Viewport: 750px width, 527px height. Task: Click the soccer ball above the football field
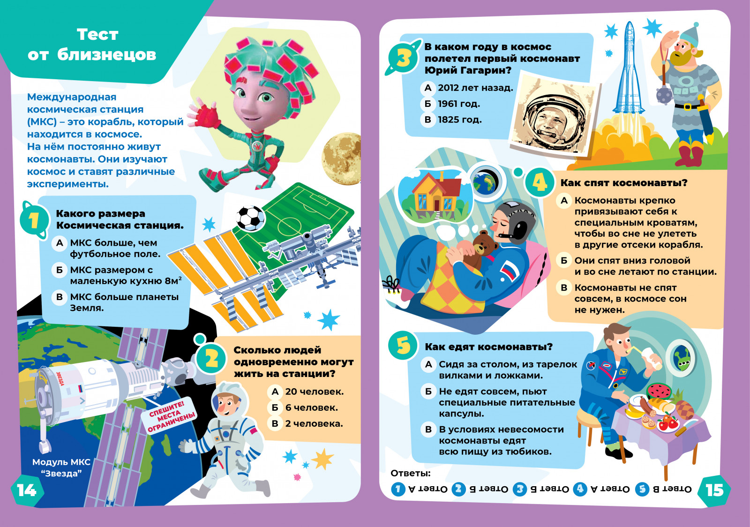coord(250,218)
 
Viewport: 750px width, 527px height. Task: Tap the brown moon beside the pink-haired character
coord(341,158)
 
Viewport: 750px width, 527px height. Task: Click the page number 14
coord(27,490)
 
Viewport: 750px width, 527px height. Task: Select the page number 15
coord(714,490)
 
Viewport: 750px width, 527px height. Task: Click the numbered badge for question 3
coord(403,58)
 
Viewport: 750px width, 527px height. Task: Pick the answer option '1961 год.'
coord(459,104)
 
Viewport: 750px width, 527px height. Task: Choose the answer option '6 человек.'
coord(312,407)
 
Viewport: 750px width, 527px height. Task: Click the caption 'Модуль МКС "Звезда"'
coord(61,468)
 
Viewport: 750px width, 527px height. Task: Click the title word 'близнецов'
coord(106,54)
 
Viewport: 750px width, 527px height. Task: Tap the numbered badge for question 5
coord(403,346)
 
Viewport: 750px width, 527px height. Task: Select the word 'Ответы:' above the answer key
coord(411,473)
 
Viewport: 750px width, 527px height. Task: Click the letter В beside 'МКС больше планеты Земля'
coord(59,297)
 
